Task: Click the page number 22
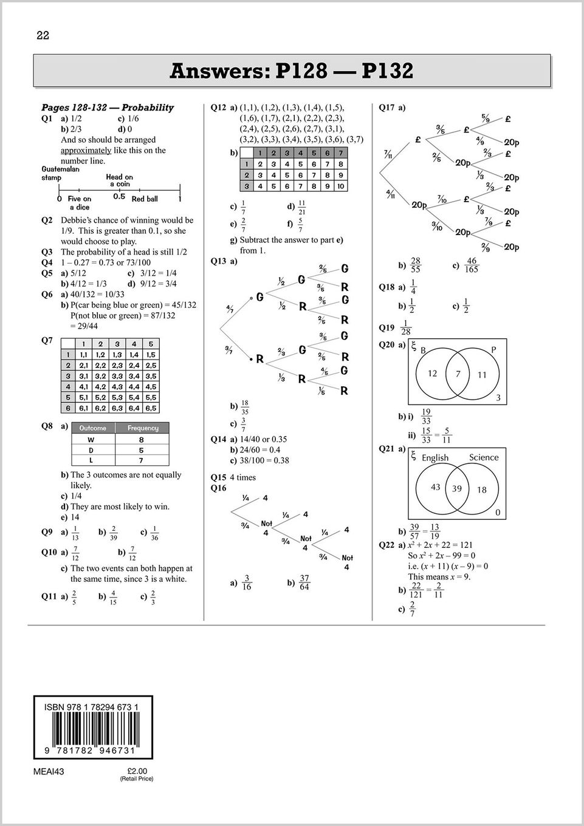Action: pyautogui.click(x=43, y=36)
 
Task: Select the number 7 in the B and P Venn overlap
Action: pyautogui.click(x=458, y=374)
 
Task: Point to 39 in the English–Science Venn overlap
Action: pyautogui.click(x=456, y=489)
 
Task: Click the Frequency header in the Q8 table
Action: pyautogui.click(x=143, y=428)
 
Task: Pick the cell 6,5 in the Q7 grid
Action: pyautogui.click(x=151, y=408)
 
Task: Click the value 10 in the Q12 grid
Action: pyautogui.click(x=340, y=186)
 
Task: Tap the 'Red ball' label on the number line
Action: pyautogui.click(x=145, y=199)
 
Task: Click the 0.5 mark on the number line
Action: pyautogui.click(x=119, y=197)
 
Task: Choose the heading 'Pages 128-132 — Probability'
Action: pyautogui.click(x=107, y=108)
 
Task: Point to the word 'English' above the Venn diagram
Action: pyautogui.click(x=435, y=458)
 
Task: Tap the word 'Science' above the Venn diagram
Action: pyautogui.click(x=483, y=457)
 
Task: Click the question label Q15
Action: pyautogui.click(x=218, y=477)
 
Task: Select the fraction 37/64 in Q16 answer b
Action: pyautogui.click(x=304, y=583)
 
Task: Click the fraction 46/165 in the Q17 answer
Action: pyautogui.click(x=471, y=265)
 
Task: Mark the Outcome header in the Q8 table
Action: pyautogui.click(x=92, y=428)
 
